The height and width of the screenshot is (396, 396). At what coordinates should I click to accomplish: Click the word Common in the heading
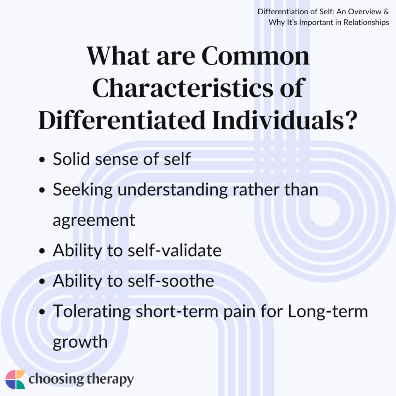click(255, 56)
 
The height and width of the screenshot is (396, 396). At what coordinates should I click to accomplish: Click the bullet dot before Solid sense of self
click(42, 160)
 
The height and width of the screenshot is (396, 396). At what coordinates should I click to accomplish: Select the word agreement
click(94, 220)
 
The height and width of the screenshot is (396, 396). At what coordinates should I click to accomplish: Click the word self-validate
click(174, 250)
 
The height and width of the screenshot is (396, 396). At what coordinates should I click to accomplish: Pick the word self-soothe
click(171, 281)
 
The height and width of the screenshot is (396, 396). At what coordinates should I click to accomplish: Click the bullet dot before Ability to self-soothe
click(42, 282)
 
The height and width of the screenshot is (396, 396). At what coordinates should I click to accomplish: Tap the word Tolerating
click(92, 311)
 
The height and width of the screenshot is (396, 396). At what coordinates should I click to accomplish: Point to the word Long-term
click(328, 311)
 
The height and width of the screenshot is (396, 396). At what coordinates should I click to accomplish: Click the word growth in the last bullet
click(80, 342)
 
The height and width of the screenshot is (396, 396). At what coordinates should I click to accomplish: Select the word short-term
click(177, 311)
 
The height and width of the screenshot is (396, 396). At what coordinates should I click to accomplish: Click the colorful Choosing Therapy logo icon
click(15, 380)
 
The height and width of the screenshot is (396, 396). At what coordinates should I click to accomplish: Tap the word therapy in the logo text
click(110, 380)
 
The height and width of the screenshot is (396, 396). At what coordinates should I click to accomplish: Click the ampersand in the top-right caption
click(386, 12)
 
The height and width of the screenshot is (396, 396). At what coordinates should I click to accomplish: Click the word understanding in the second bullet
click(173, 189)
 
